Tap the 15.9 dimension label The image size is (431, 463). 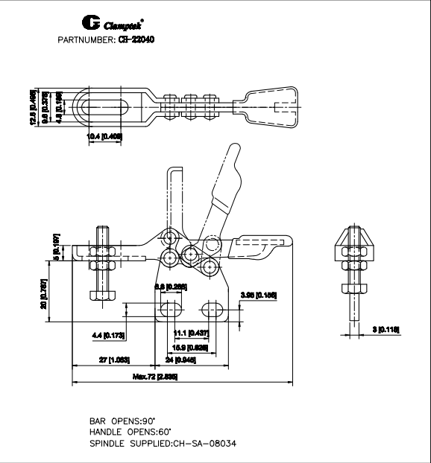[189, 346]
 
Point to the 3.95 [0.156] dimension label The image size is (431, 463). [259, 296]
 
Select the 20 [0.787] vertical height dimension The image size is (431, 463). [44, 294]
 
